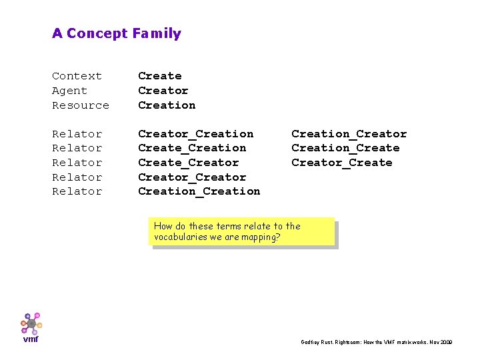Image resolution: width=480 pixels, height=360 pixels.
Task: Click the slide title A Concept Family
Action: click(x=117, y=33)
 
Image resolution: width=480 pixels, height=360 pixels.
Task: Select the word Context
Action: click(x=77, y=76)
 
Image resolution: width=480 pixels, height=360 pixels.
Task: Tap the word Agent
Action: click(x=69, y=91)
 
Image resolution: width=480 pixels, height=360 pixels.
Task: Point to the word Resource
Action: click(x=80, y=105)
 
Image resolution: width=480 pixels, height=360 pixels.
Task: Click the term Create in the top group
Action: click(x=159, y=76)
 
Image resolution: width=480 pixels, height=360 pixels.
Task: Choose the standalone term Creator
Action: click(x=163, y=91)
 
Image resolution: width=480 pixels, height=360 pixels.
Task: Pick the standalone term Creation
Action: click(x=167, y=105)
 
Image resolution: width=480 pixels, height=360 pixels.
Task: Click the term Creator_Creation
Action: click(x=195, y=134)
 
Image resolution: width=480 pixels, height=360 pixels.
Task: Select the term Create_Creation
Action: click(x=192, y=148)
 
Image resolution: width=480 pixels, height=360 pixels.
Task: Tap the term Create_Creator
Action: click(x=188, y=163)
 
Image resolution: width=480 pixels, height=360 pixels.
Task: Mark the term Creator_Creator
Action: click(x=192, y=177)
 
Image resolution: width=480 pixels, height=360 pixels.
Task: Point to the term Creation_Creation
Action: click(x=199, y=191)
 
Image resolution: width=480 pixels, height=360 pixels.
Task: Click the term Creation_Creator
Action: click(x=349, y=134)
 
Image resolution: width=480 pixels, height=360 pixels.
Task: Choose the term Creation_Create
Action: click(x=345, y=148)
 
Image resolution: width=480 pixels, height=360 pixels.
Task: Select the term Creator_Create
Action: click(x=341, y=163)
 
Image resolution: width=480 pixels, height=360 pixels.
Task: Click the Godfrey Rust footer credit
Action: click(x=376, y=342)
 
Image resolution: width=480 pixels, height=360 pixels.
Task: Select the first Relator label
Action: click(x=77, y=134)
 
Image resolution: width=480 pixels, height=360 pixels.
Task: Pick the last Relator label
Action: click(x=77, y=191)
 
